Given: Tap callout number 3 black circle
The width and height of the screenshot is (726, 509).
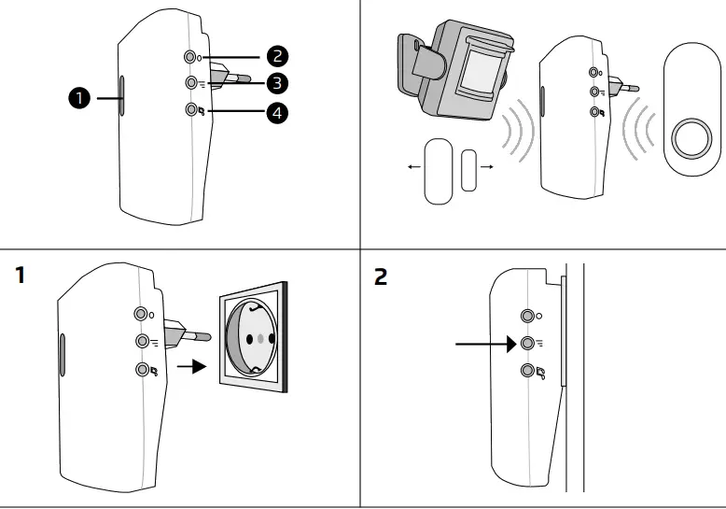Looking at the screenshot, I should [x=275, y=83].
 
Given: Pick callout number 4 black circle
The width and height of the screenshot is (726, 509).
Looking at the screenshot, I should [x=276, y=113].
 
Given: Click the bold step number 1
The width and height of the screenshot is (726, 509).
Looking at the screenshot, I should [x=20, y=277].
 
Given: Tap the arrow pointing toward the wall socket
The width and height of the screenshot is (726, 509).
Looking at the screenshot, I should [x=190, y=366].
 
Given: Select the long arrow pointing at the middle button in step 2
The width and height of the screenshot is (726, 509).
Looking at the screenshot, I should [x=485, y=344].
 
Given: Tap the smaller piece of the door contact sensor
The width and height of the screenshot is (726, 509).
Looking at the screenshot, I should [x=468, y=169].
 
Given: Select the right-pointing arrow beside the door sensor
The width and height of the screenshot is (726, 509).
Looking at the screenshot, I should [x=486, y=167].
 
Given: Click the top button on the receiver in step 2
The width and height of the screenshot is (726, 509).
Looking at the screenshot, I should [x=528, y=315].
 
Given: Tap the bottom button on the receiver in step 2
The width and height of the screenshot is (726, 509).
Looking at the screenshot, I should [x=528, y=373].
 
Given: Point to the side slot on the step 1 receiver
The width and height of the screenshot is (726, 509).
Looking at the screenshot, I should [x=62, y=354].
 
